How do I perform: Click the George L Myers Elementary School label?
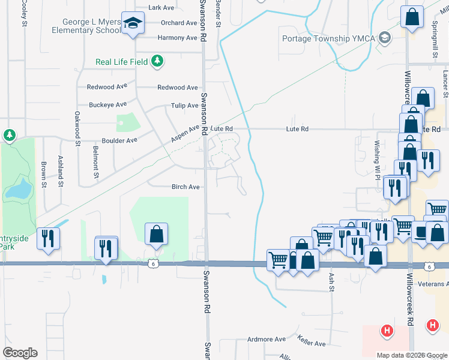(86, 25)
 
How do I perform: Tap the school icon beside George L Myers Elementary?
(132, 24)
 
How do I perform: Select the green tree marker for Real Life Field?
(157, 61)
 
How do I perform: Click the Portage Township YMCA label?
(329, 39)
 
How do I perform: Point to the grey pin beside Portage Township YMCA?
(384, 38)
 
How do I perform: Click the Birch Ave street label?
(185, 187)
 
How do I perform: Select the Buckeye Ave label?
(107, 104)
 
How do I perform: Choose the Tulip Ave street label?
(184, 106)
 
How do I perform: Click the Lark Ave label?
(161, 8)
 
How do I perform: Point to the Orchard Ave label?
(179, 23)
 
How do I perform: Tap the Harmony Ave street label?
(177, 38)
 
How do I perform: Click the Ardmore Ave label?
(267, 339)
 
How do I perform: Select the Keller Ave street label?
(311, 344)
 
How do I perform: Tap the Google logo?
(20, 353)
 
